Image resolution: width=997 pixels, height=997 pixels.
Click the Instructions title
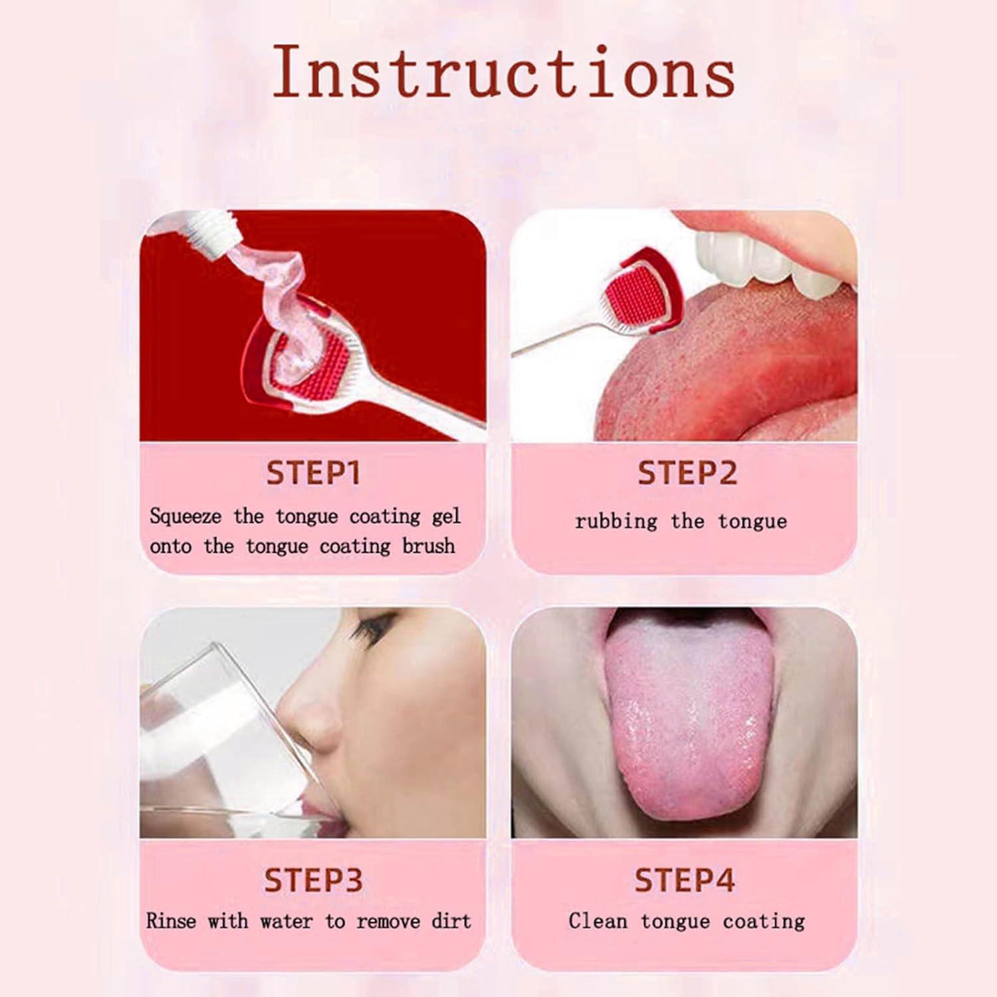pyautogui.click(x=504, y=72)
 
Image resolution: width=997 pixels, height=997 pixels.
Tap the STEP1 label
pyautogui.click(x=313, y=473)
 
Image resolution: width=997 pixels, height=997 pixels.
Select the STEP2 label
pyautogui.click(x=687, y=473)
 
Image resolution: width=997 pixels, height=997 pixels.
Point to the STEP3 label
pyautogui.click(x=313, y=881)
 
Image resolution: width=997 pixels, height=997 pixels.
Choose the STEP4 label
pyautogui.click(x=685, y=881)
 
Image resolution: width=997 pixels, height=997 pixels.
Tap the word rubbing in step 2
pyautogui.click(x=616, y=522)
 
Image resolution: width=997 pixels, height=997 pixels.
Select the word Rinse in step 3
pyautogui.click(x=171, y=921)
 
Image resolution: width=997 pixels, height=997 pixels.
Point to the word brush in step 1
pyautogui.click(x=429, y=546)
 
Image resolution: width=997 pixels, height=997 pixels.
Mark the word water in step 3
pyautogui.click(x=286, y=921)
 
